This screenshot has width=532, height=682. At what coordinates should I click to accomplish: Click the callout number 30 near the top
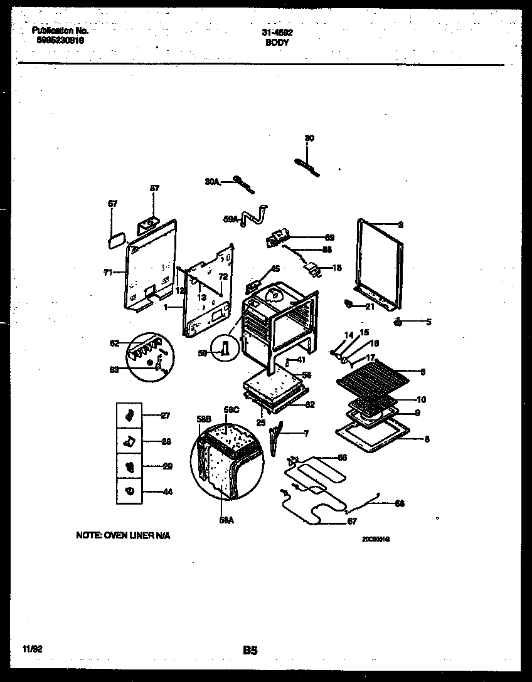pyautogui.click(x=309, y=139)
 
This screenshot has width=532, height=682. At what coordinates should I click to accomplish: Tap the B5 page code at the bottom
pyautogui.click(x=250, y=651)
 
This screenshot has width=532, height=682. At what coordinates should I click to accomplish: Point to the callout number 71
pyautogui.click(x=107, y=273)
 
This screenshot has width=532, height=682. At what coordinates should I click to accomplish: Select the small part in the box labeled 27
pyautogui.click(x=129, y=415)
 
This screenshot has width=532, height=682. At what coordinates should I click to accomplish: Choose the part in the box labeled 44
pyautogui.click(x=129, y=491)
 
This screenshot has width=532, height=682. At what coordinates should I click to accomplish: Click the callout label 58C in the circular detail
pyautogui.click(x=232, y=410)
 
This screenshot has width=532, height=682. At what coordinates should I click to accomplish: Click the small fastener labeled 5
pyautogui.click(x=398, y=322)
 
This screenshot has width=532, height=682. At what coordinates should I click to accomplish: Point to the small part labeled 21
pyautogui.click(x=348, y=305)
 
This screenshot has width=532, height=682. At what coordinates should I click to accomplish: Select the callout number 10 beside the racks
pyautogui.click(x=421, y=399)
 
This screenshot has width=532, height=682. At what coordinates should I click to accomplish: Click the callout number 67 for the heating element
pyautogui.click(x=353, y=522)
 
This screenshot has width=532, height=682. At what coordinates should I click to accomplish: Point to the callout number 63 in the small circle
pyautogui.click(x=114, y=370)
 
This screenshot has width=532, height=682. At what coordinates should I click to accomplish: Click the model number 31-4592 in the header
pyautogui.click(x=277, y=32)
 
